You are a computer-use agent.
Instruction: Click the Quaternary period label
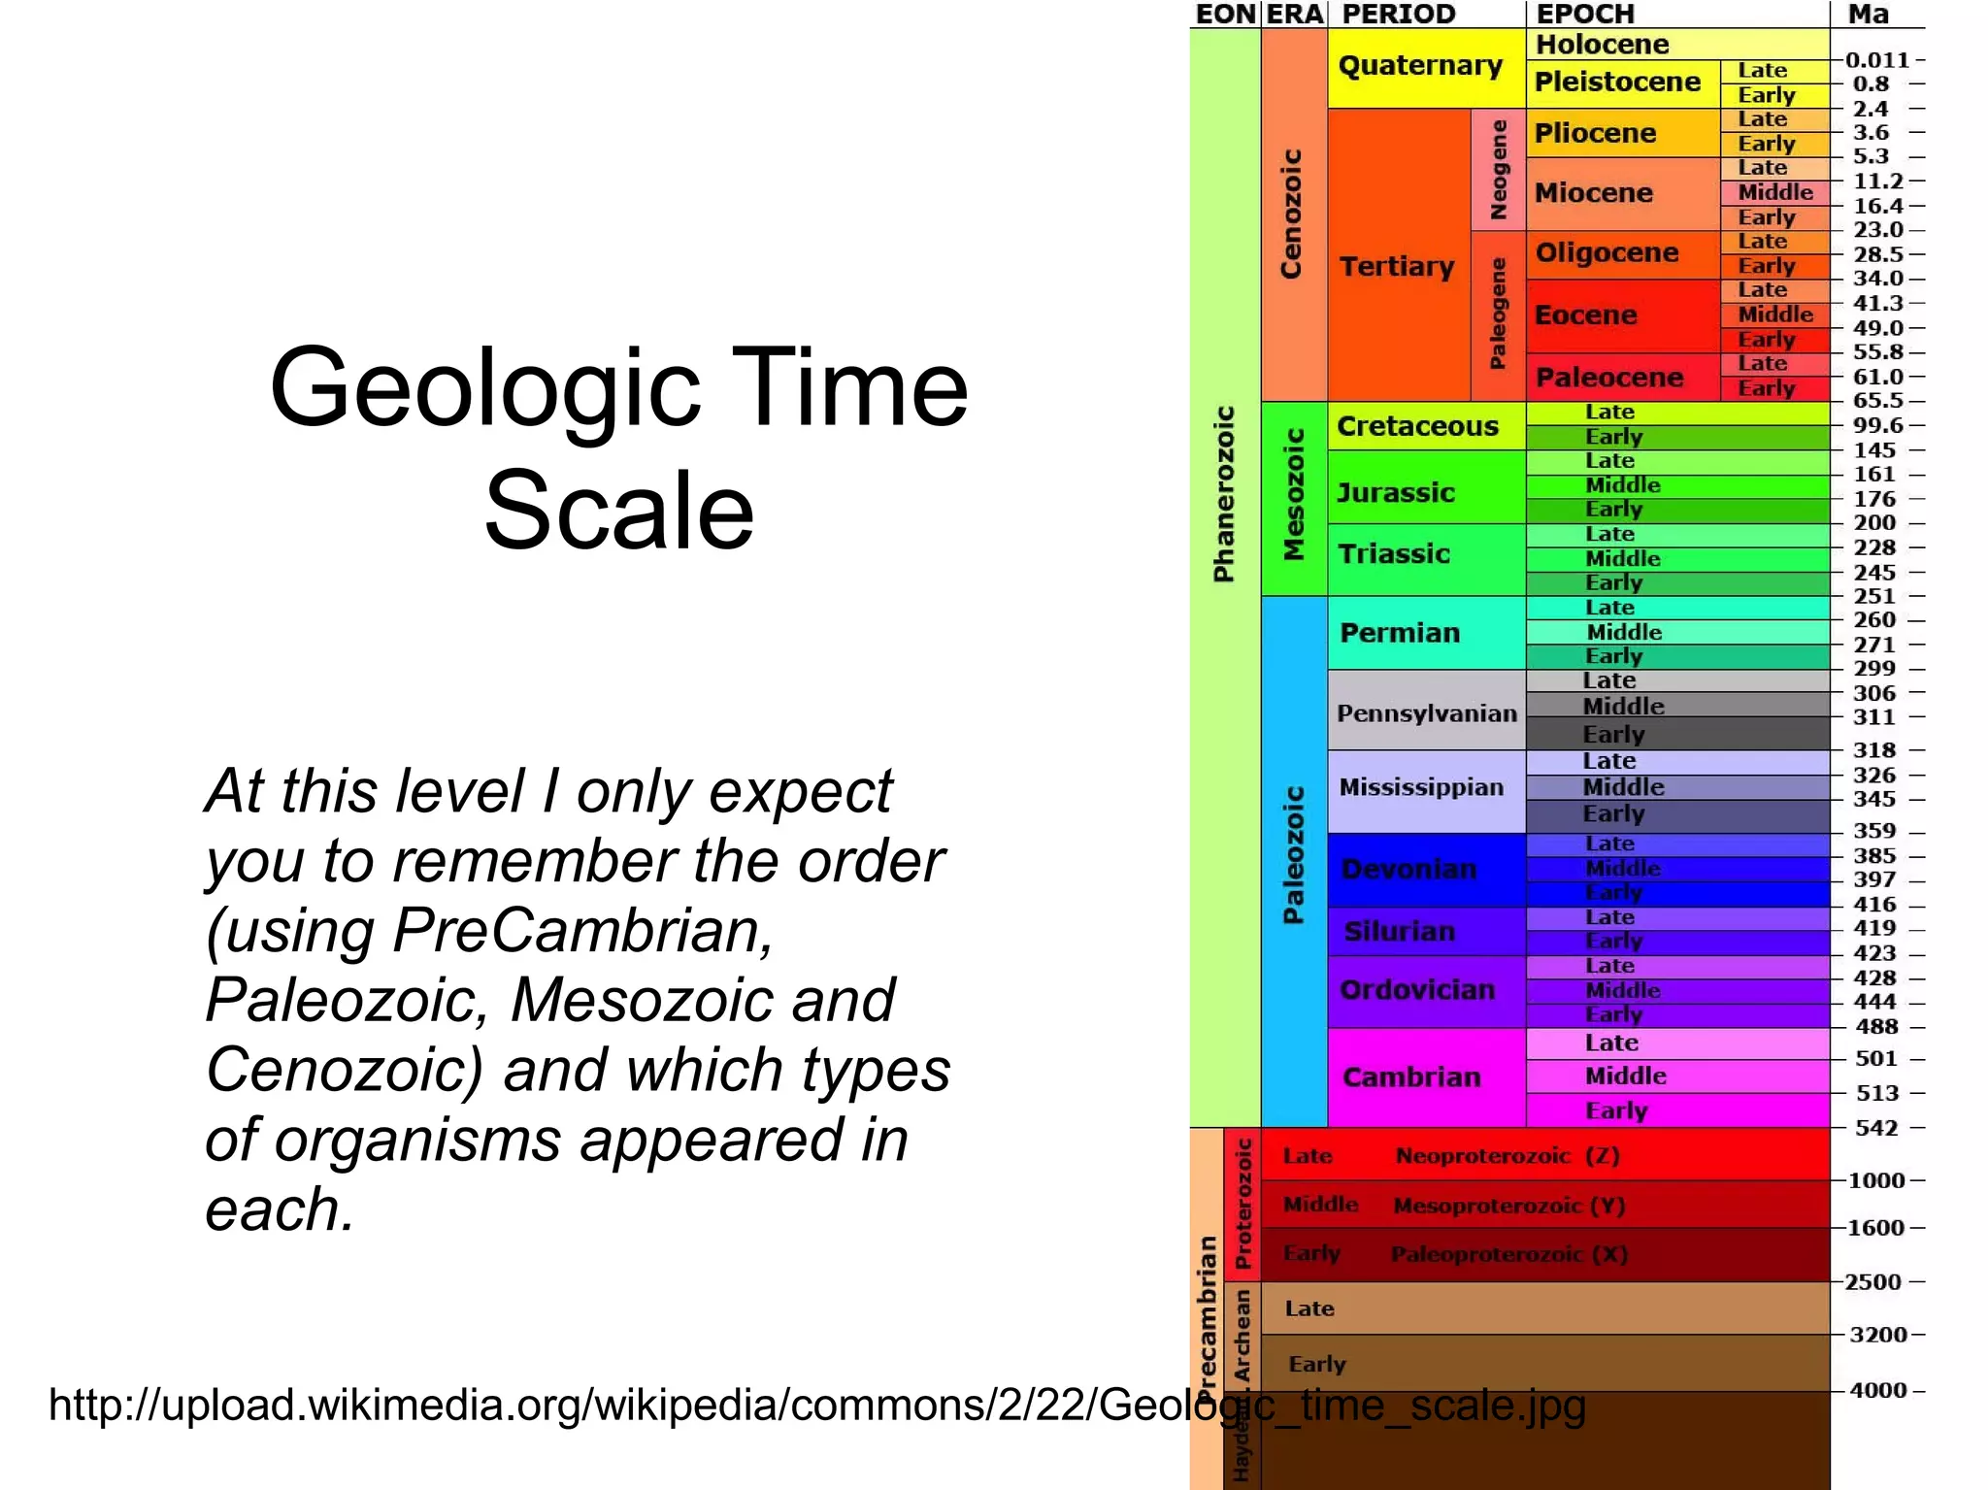pyautogui.click(x=1420, y=66)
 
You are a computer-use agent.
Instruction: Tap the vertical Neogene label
pyautogui.click(x=1499, y=170)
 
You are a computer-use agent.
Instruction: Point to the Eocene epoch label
pyautogui.click(x=1585, y=315)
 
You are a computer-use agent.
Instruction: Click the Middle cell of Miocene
pyautogui.click(x=1774, y=192)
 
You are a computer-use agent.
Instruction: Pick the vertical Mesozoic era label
pyautogui.click(x=1294, y=495)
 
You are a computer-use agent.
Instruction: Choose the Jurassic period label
pyautogui.click(x=1396, y=493)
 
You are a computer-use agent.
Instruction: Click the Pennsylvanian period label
pyautogui.click(x=1426, y=713)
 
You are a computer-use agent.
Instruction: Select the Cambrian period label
pyautogui.click(x=1411, y=1077)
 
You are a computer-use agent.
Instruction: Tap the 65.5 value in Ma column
pyautogui.click(x=1877, y=401)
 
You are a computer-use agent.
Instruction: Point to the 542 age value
pyautogui.click(x=1875, y=1128)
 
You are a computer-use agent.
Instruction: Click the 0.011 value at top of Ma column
pyautogui.click(x=1876, y=60)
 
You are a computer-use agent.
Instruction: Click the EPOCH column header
pyautogui.click(x=1585, y=14)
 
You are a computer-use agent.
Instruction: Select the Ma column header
pyautogui.click(x=1868, y=14)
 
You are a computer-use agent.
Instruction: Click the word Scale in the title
pyautogui.click(x=619, y=511)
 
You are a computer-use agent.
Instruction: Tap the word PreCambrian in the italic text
pyautogui.click(x=582, y=930)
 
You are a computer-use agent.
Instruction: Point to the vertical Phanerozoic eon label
pyautogui.click(x=1224, y=495)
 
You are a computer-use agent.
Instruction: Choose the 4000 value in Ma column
pyautogui.click(x=1877, y=1390)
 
